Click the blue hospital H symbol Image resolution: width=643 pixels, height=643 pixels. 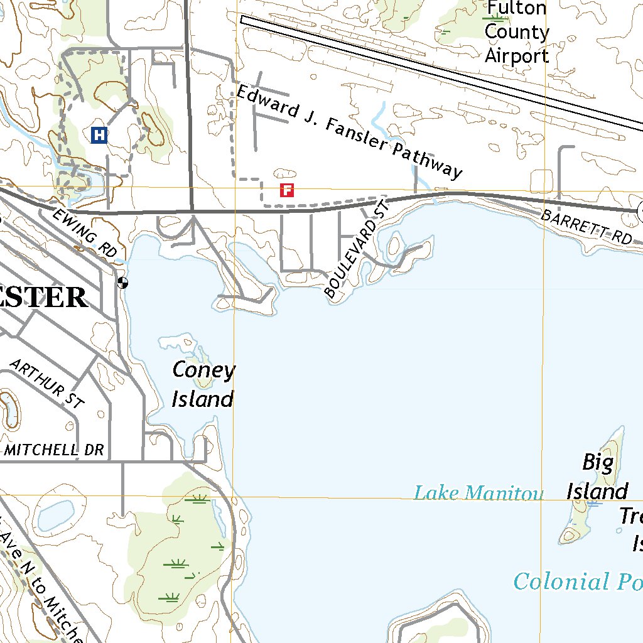pyautogui.click(x=99, y=134)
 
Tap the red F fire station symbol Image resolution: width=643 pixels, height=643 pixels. pyautogui.click(x=287, y=190)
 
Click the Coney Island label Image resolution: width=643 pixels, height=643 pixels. pyautogui.click(x=203, y=384)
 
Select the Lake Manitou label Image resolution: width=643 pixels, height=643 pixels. pyautogui.click(x=478, y=494)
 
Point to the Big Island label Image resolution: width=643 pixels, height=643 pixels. pyautogui.click(x=597, y=477)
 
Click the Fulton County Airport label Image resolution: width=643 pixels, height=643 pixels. pyautogui.click(x=517, y=32)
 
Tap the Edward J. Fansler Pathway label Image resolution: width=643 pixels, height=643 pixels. pyautogui.click(x=349, y=132)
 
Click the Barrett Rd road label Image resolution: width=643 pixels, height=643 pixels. pyautogui.click(x=586, y=227)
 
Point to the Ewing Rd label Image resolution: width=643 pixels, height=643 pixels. pyautogui.click(x=85, y=233)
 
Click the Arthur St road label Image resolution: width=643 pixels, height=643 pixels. pyautogui.click(x=47, y=384)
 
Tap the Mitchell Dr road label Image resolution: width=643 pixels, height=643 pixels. pyautogui.click(x=53, y=450)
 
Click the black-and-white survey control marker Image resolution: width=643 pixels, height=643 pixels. pyautogui.click(x=122, y=283)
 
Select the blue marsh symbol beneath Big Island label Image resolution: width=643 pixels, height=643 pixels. pyautogui.click(x=594, y=503)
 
